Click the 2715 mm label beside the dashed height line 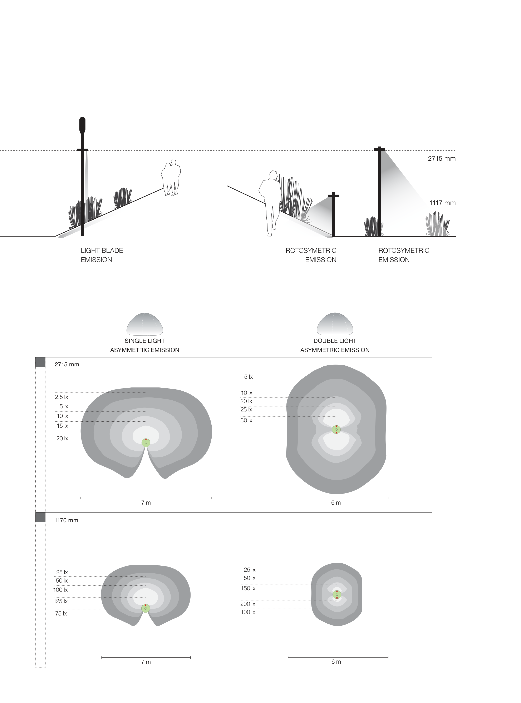click(x=442, y=159)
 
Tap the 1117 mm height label click(x=442, y=203)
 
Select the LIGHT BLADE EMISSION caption click(x=102, y=255)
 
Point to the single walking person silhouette click(x=270, y=203)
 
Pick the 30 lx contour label click(x=246, y=420)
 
